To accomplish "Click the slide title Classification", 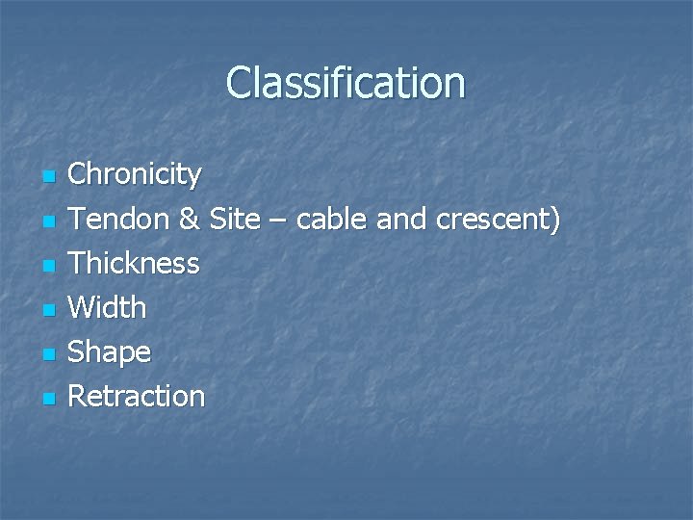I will pyautogui.click(x=346, y=84).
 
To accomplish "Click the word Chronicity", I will pyautogui.click(x=135, y=174).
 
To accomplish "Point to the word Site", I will pyautogui.click(x=234, y=220).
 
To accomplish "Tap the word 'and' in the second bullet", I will pyautogui.click(x=402, y=220).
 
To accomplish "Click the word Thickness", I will pyautogui.click(x=134, y=263).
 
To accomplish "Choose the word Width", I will pyautogui.click(x=108, y=308).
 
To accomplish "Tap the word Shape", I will pyautogui.click(x=110, y=353).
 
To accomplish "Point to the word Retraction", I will pyautogui.click(x=137, y=396).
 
